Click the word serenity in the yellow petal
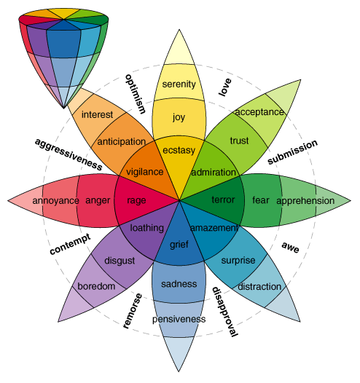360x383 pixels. (179, 84)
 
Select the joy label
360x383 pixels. (179, 117)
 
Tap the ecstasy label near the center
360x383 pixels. (179, 151)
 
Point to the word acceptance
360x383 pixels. (259, 111)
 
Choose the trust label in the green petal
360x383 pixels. (239, 140)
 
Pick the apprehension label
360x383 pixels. (306, 200)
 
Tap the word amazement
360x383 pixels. (214, 229)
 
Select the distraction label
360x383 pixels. (259, 286)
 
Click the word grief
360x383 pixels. (179, 245)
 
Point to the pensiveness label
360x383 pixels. (179, 319)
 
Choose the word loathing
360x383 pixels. (146, 228)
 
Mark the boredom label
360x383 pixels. (97, 286)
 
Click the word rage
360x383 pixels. (136, 200)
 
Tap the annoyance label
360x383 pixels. (55, 200)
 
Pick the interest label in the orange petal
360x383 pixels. (97, 114)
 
